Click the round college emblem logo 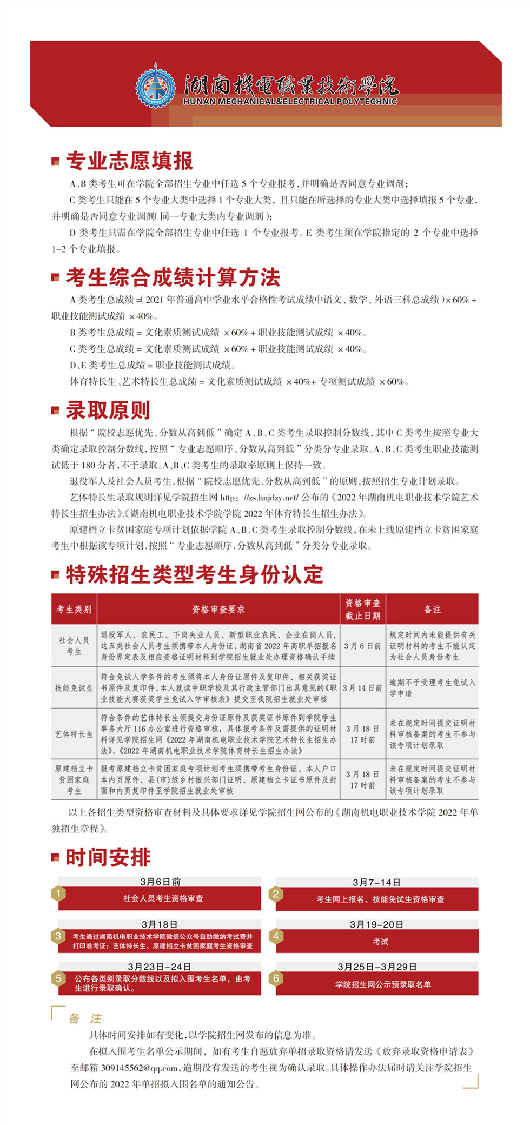click(x=156, y=86)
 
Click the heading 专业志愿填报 click(x=129, y=161)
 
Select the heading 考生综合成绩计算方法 click(x=173, y=277)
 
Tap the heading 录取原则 click(x=108, y=411)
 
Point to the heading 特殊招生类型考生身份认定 click(x=195, y=574)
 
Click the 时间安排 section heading click(x=108, y=857)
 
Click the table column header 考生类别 click(x=74, y=610)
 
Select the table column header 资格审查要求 click(x=218, y=610)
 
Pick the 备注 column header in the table click(x=432, y=610)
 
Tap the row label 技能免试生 click(x=74, y=688)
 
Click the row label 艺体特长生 click(x=74, y=734)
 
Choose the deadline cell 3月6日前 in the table click(x=363, y=646)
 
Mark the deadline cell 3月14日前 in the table click(x=363, y=688)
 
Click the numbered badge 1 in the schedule click(x=58, y=894)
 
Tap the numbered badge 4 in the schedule click(x=276, y=936)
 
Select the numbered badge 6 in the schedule click(x=276, y=978)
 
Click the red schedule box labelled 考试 click(x=380, y=942)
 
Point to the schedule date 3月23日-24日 click(x=160, y=967)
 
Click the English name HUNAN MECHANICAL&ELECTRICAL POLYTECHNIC click(x=290, y=101)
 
